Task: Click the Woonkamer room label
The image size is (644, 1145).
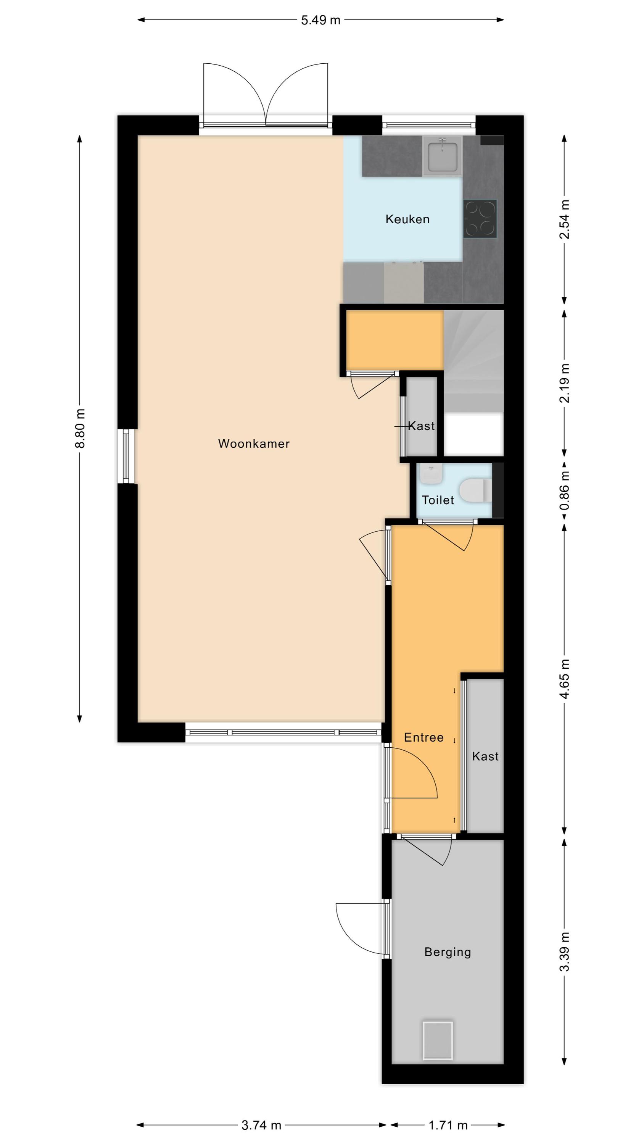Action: tap(254, 443)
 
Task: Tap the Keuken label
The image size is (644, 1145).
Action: tap(407, 219)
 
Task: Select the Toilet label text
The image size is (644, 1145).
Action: tap(438, 500)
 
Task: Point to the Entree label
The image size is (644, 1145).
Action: tap(423, 737)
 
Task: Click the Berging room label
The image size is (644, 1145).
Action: tap(448, 952)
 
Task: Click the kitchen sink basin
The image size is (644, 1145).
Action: tap(442, 156)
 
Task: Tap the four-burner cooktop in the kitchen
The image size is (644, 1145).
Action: tap(480, 219)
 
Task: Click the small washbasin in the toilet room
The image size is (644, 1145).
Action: tap(431, 475)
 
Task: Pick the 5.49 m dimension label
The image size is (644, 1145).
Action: tap(320, 20)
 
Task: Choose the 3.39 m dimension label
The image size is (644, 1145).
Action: tap(564, 952)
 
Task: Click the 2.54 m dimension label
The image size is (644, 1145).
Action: tap(564, 219)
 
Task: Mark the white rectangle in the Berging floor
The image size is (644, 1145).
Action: tap(438, 1040)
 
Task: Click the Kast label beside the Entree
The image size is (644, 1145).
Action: tap(485, 756)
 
